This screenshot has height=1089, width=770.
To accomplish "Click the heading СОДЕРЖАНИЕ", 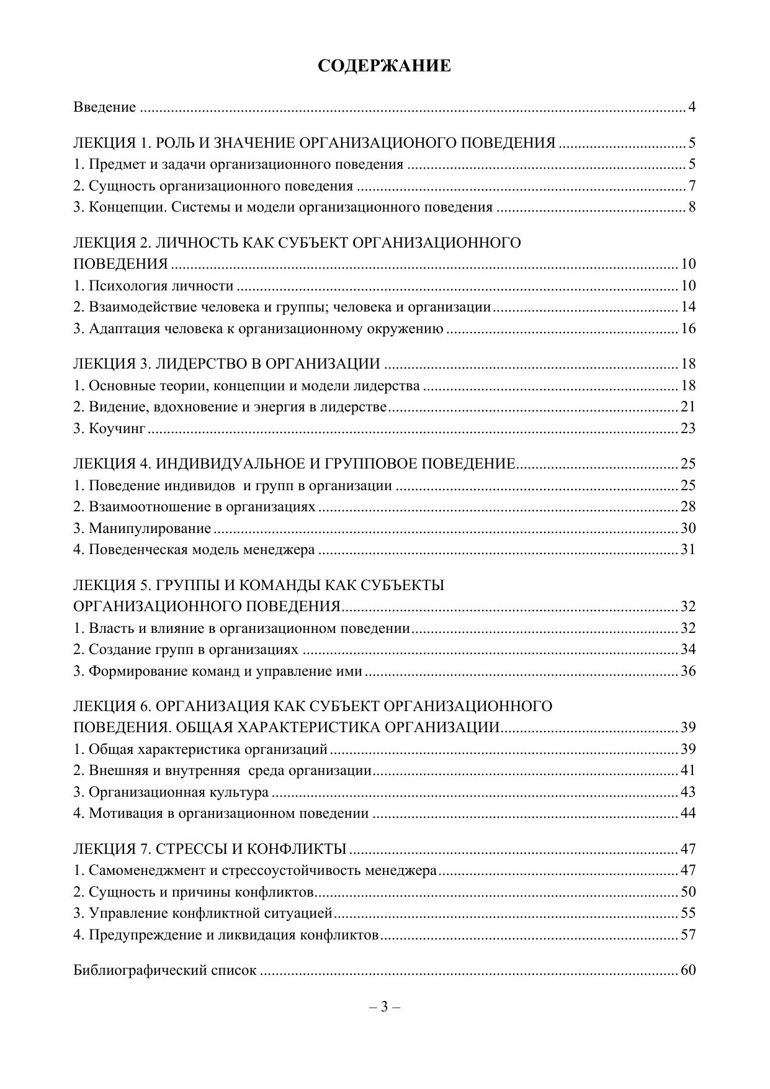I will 384,66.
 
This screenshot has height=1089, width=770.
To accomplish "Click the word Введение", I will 104,107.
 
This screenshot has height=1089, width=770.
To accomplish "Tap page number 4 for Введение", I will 691,107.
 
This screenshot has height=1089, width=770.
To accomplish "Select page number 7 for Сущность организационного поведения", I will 691,186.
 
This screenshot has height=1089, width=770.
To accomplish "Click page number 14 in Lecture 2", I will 688,307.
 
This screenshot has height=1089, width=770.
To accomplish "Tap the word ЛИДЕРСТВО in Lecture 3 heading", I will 194,364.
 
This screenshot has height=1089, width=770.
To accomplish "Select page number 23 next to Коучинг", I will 688,429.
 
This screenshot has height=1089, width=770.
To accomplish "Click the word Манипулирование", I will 150,529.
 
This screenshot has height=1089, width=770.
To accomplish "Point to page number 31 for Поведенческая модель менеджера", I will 688,550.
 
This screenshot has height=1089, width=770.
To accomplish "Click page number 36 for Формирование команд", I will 688,671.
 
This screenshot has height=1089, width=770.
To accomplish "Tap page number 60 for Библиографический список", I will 688,970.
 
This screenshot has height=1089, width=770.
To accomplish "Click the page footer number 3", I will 384,1006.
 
